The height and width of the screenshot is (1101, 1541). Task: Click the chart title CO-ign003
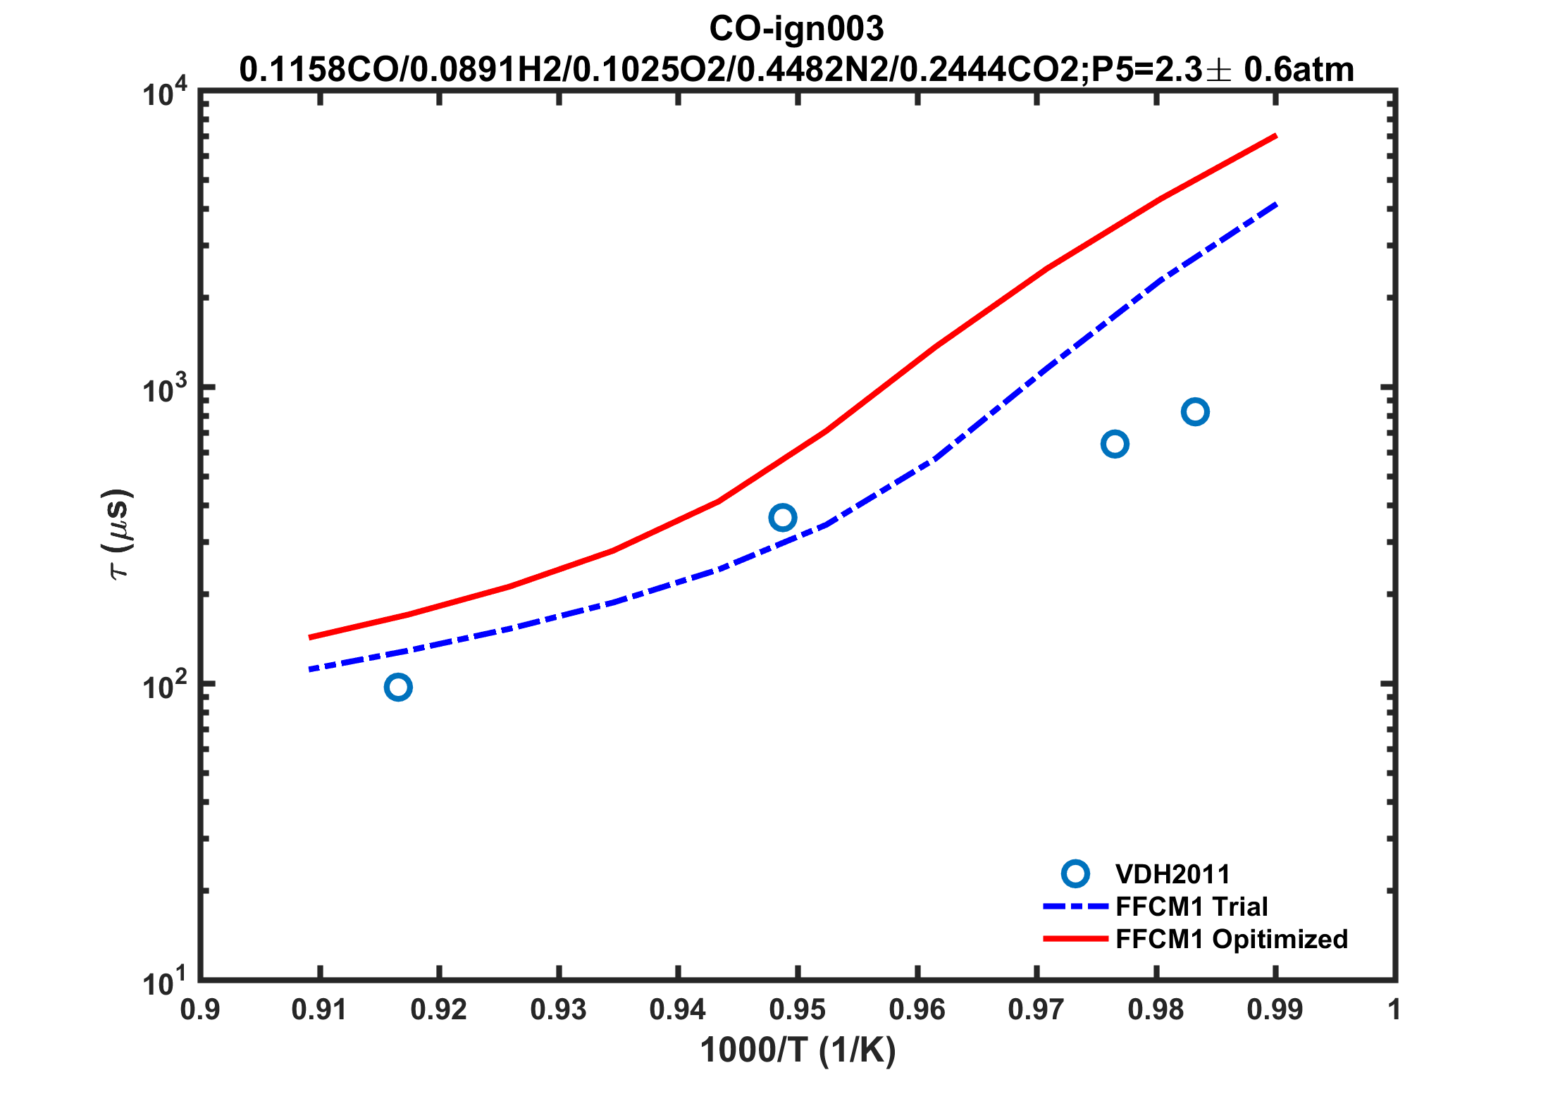(x=796, y=29)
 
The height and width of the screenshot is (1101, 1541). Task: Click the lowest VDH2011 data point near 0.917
(x=398, y=687)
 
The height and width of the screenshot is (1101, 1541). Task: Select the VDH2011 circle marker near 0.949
(x=783, y=518)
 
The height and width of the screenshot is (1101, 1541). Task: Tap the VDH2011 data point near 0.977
(x=1115, y=444)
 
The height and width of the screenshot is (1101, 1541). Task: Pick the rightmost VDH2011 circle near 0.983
(x=1195, y=411)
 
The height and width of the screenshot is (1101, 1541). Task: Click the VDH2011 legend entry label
(x=1172, y=874)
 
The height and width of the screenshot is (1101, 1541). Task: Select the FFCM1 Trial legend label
(x=1192, y=907)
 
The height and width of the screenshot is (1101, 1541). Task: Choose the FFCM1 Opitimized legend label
(x=1232, y=939)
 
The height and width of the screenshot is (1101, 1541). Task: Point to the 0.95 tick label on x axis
(x=797, y=1010)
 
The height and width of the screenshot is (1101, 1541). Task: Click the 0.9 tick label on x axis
(x=200, y=1010)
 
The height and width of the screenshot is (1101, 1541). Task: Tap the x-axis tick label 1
(x=1394, y=1010)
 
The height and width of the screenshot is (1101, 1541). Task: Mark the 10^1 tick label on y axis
(x=165, y=981)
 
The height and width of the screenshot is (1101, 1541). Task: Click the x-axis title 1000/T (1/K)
(x=798, y=1050)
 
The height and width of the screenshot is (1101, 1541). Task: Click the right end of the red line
(x=1275, y=135)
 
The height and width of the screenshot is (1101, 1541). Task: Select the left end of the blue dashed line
(x=310, y=669)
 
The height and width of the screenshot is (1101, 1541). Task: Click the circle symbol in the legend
(x=1075, y=874)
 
